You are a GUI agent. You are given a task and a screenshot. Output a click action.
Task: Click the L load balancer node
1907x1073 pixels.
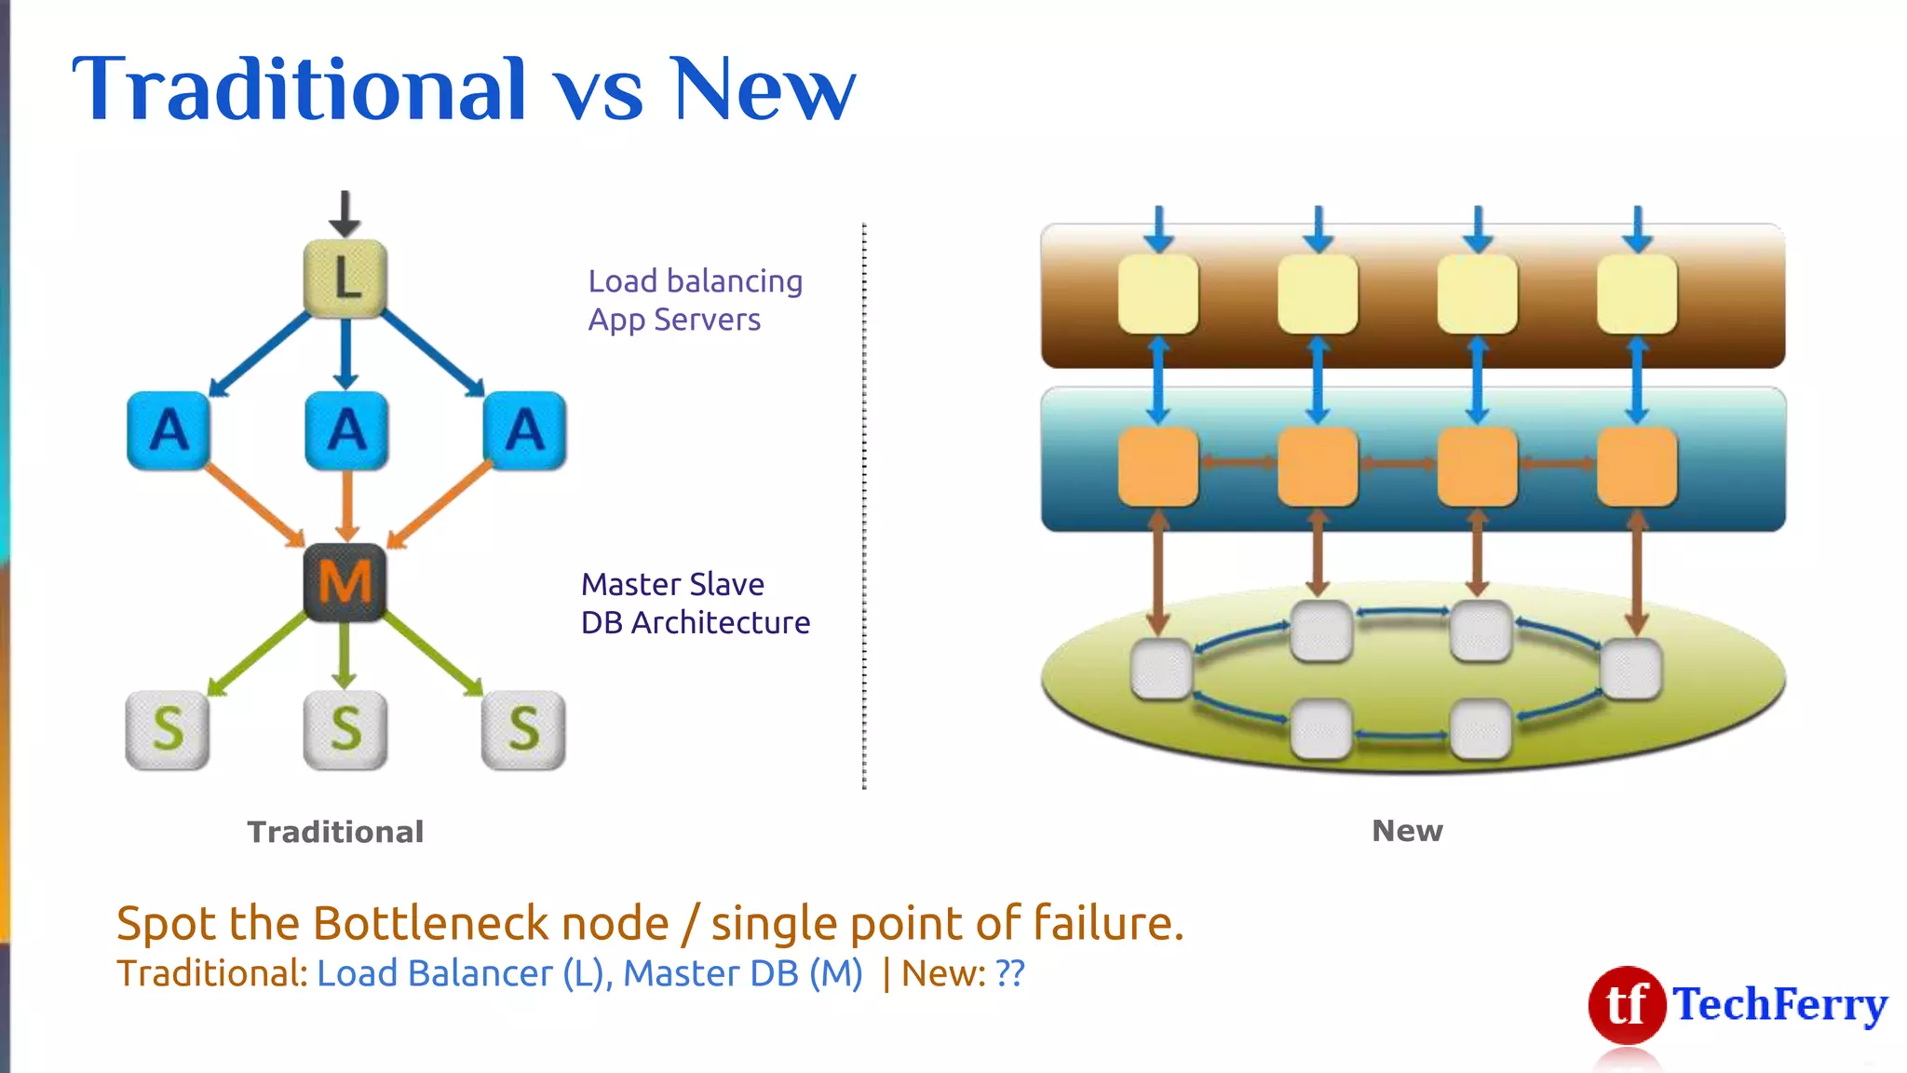345,278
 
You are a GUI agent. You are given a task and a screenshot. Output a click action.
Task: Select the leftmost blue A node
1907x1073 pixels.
169,430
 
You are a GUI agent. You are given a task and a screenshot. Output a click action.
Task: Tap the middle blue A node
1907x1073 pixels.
346,430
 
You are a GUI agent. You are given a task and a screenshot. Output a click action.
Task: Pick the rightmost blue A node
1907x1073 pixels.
524,430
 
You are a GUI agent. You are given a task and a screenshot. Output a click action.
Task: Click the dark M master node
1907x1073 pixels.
345,583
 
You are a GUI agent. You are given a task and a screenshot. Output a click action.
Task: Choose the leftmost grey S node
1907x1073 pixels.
168,729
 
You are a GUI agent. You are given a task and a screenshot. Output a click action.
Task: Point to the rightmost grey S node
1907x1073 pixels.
523,729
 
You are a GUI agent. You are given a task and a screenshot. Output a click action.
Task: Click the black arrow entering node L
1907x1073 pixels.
345,213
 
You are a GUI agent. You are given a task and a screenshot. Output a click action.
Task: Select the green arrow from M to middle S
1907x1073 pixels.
345,656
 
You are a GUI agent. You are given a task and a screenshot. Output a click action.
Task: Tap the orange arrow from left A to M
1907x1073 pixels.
253,506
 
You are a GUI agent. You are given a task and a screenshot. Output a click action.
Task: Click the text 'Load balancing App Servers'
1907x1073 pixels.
695,300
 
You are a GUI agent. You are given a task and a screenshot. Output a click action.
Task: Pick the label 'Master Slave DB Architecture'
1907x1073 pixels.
695,603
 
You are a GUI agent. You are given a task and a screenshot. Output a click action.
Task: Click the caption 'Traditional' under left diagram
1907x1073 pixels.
335,832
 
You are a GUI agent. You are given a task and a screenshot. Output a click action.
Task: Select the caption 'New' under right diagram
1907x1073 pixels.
1407,830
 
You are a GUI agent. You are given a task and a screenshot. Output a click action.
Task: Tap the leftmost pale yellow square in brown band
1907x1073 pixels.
1157,295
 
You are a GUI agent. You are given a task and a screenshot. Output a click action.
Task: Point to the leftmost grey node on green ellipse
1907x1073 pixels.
1161,669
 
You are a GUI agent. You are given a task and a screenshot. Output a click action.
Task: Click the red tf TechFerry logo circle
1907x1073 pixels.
1627,1004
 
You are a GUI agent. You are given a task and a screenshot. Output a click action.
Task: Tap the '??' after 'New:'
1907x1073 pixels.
1010,973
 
